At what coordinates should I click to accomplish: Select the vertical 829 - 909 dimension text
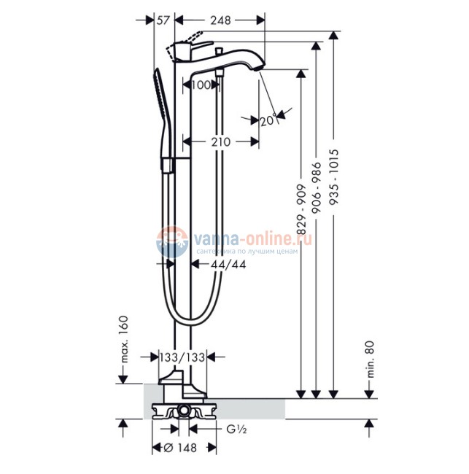click(x=301, y=211)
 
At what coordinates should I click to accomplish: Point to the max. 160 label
click(x=124, y=339)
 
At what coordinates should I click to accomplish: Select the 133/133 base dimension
click(x=182, y=357)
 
